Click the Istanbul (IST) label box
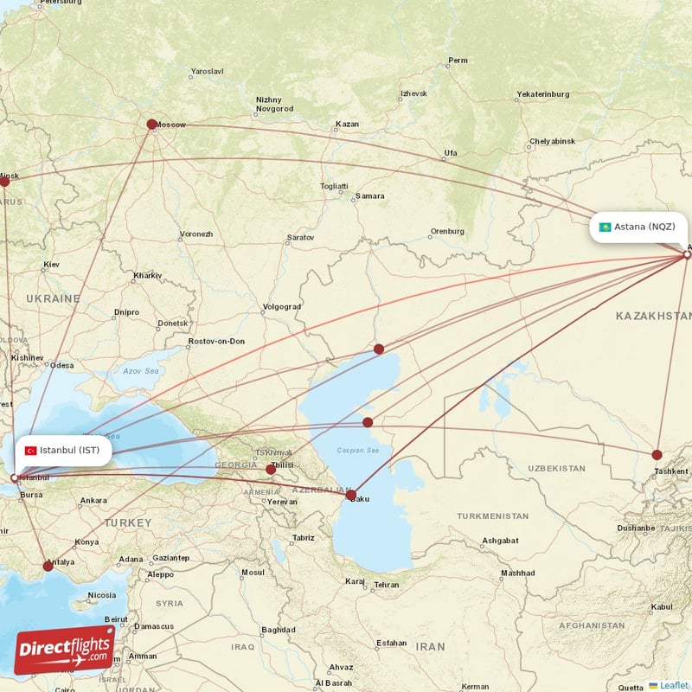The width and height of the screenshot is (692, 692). point(63,450)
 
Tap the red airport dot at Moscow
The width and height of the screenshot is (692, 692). point(152,125)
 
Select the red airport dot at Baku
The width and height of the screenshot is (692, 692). point(351,496)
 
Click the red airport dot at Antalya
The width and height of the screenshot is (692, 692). point(48,567)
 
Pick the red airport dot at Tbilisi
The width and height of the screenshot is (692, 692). point(271,469)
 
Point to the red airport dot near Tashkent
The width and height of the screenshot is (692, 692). point(657,454)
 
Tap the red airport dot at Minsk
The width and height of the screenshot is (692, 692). point(4,181)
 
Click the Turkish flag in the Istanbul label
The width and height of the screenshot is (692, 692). point(31,450)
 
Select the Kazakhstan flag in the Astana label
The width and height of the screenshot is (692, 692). point(605,227)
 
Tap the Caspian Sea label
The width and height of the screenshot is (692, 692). point(358,451)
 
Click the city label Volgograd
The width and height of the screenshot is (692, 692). point(281,307)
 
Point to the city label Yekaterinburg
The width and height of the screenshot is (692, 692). point(542,93)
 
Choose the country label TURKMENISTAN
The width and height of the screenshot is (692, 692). point(492,516)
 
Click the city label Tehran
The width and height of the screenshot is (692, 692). point(386,585)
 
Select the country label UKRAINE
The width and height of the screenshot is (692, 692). point(53,298)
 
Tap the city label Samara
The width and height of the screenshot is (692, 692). point(370,196)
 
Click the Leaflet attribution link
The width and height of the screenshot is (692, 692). point(673,685)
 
